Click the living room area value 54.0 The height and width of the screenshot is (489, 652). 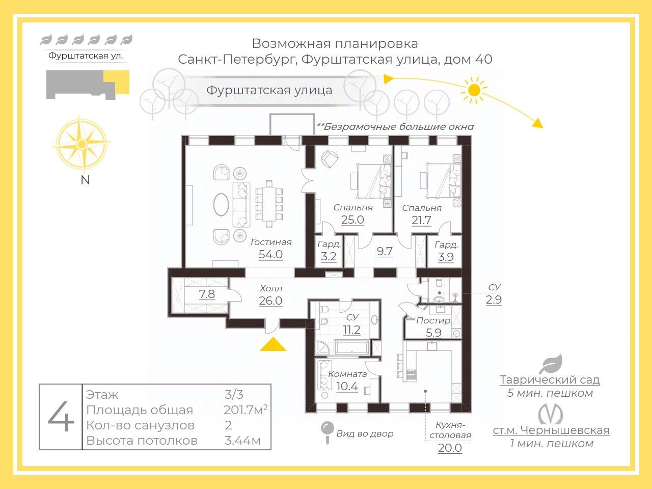(270, 255)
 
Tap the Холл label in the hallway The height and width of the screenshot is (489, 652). (270, 288)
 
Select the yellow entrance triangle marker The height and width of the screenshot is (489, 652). (273, 345)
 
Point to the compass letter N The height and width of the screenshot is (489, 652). (85, 180)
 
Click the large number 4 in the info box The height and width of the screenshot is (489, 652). (61, 417)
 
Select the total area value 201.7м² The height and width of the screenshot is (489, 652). (246, 410)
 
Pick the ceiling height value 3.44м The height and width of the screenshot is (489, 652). (242, 441)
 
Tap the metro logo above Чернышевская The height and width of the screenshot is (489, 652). (551, 413)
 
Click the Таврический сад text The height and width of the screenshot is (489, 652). (550, 379)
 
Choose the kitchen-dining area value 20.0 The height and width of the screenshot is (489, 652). (450, 448)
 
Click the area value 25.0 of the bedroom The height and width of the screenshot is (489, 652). (352, 220)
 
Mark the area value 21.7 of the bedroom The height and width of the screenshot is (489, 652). (421, 221)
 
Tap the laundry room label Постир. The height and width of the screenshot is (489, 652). (434, 321)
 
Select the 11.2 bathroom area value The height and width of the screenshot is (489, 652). (351, 330)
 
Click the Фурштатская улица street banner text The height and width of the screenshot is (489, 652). (269, 90)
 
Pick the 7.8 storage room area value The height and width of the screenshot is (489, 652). (207, 294)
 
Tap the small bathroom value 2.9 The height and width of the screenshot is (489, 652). (494, 300)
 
